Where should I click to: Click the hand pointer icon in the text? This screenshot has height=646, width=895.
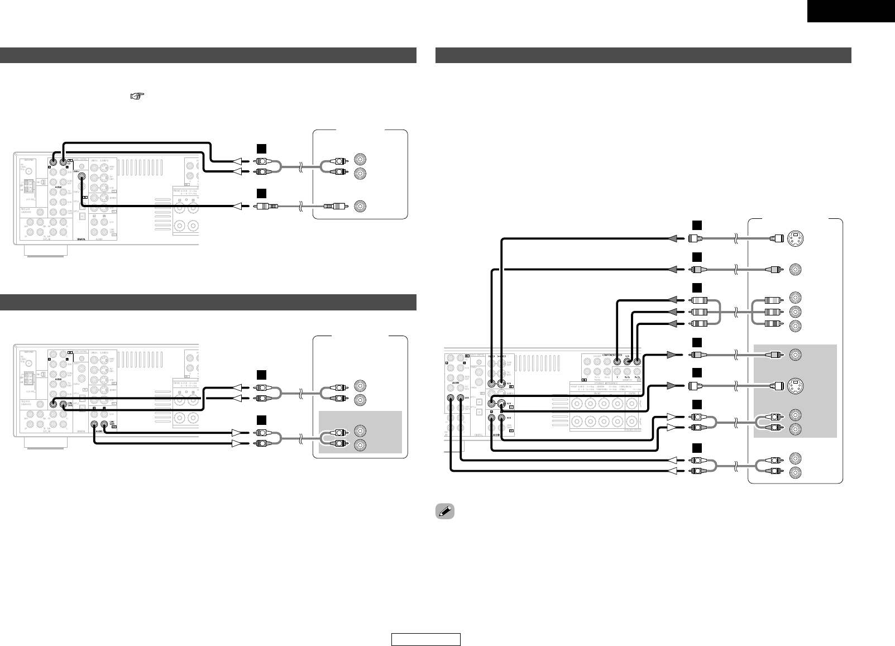[x=134, y=97]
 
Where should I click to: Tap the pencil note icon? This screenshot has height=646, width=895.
[x=446, y=511]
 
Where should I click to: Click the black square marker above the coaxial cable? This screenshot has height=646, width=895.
[x=260, y=193]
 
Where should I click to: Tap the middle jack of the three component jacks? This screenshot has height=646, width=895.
[x=795, y=311]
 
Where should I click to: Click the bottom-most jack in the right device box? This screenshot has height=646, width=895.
[x=795, y=473]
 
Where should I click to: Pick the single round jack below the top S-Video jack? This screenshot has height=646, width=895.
[x=795, y=270]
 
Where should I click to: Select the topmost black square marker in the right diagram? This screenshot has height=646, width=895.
[x=696, y=224]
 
